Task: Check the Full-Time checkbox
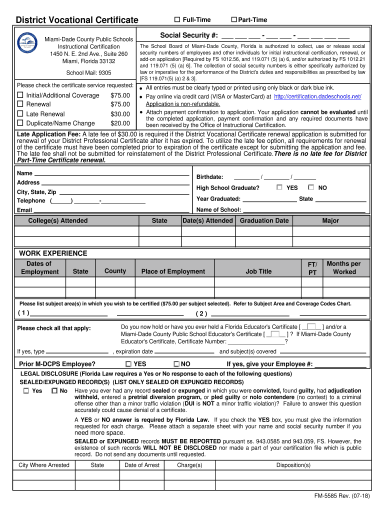[x=177, y=19]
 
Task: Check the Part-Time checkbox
[x=233, y=19]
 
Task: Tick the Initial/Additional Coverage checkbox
[x=20, y=95]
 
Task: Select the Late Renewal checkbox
[x=20, y=114]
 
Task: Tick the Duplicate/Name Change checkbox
[x=20, y=123]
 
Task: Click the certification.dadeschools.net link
[x=317, y=96]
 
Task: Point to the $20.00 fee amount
[x=120, y=123]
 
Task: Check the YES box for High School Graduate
[x=279, y=187]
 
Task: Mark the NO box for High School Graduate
[x=311, y=187]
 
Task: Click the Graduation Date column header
[x=264, y=220]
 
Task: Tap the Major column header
[x=330, y=220]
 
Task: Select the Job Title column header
[x=258, y=271]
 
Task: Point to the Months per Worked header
[x=343, y=267]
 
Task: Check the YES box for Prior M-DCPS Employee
[x=128, y=364]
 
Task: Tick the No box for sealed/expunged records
[x=54, y=391]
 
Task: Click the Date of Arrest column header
[x=142, y=465]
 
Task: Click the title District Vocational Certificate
[x=77, y=20]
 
